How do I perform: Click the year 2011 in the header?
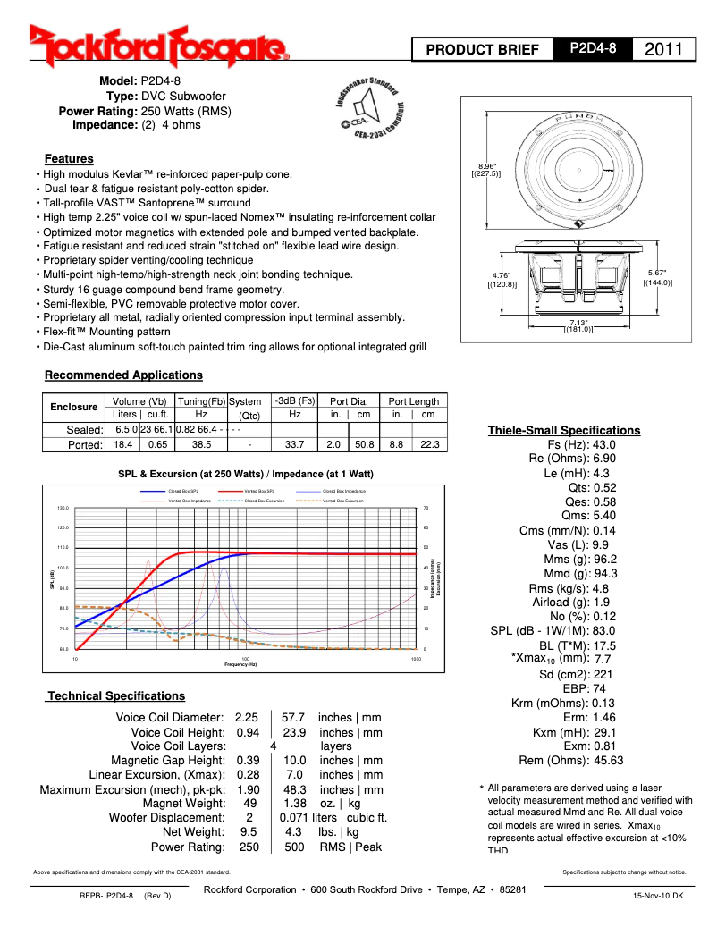tap(662, 49)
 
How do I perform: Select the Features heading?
tap(69, 158)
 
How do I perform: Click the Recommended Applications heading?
tap(123, 375)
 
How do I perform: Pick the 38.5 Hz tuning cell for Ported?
tap(201, 444)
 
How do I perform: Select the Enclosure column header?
tap(73, 407)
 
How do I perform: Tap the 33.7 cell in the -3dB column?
tap(294, 444)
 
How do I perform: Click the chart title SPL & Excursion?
tap(246, 474)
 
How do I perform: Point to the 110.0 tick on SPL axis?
tap(63, 547)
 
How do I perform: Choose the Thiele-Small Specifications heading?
tap(563, 430)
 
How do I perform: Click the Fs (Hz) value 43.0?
tap(604, 444)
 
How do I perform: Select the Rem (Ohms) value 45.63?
tap(608, 760)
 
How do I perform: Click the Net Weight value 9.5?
tap(249, 831)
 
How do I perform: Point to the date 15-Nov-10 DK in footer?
tap(657, 894)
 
